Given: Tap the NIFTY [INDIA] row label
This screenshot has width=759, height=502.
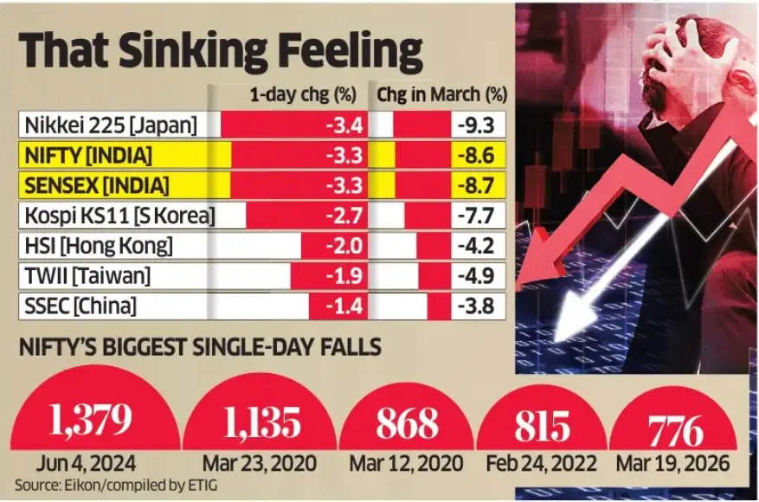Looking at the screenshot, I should (85, 157).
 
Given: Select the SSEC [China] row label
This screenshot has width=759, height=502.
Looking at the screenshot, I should (80, 306).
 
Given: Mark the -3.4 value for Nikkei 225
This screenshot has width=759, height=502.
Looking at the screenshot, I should (343, 126).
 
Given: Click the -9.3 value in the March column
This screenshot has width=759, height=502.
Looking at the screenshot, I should (476, 126).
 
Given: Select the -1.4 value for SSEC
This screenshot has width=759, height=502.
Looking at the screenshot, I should (343, 306).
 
